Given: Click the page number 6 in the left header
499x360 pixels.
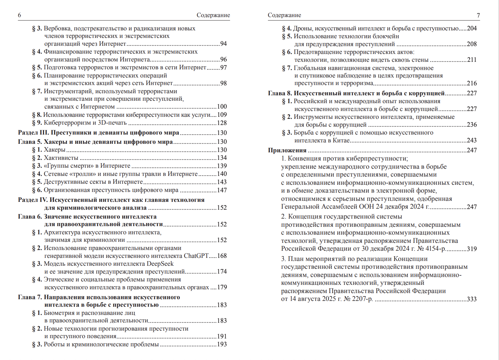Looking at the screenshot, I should click(19, 15).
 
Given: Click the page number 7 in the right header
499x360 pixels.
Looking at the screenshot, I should click(478, 15).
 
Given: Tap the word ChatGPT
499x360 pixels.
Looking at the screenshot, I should click(196, 256).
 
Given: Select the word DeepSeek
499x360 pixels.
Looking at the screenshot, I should click(160, 264).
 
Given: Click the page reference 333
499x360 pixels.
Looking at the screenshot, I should click(472, 299).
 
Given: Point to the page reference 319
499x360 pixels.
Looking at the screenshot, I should click(472, 249).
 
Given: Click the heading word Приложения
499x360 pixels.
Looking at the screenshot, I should click(287, 150).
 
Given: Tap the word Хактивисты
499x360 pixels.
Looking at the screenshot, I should click(61, 158).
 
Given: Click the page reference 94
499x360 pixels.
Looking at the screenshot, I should click(224, 44).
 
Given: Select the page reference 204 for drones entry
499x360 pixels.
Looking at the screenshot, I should click(472, 28).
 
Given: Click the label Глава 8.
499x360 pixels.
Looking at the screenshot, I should click(280, 93).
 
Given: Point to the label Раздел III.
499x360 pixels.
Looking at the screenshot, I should click(33, 133).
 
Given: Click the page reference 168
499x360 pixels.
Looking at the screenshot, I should click(222, 256).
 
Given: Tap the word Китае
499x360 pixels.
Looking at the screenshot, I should click(342, 140).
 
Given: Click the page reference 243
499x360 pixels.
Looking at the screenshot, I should click(472, 140).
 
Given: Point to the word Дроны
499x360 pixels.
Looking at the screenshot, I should click(303, 28).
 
